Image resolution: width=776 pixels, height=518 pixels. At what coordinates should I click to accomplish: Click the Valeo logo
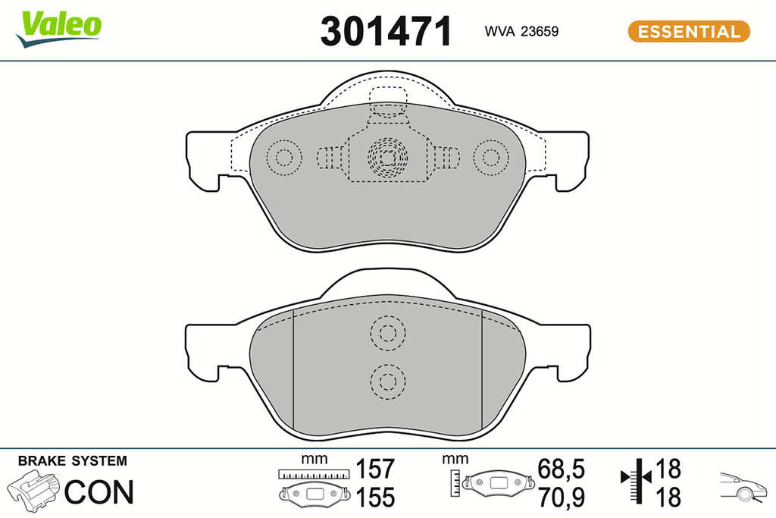point(58,30)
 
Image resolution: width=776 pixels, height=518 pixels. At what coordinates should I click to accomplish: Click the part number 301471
point(386,31)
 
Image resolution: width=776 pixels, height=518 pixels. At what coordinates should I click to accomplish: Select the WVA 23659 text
point(521,31)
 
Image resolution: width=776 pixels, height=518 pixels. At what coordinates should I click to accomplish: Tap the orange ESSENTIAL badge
point(688,31)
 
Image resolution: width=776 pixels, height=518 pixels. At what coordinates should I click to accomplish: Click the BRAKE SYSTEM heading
point(72,461)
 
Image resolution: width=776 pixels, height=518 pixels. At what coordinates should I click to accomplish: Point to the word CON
point(99,491)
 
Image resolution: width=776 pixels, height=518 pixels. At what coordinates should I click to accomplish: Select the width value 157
point(375,469)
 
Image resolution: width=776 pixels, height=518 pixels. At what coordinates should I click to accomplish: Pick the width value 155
point(375,498)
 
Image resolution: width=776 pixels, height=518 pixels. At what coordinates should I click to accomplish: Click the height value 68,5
point(562,469)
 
